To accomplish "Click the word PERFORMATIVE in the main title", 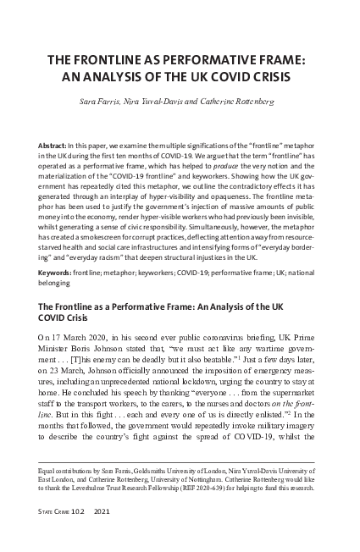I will pos(218,61).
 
